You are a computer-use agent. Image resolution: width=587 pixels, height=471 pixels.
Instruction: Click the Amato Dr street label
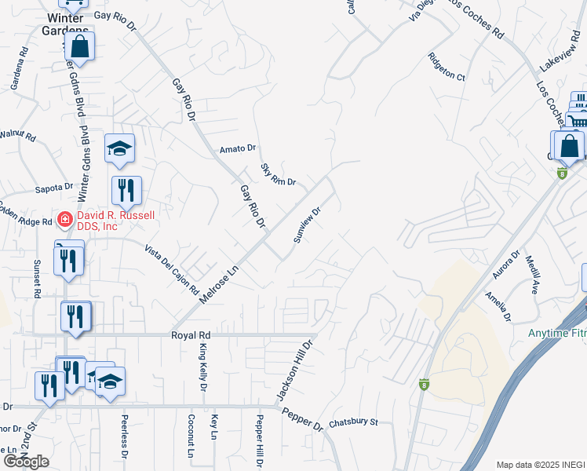click(238, 148)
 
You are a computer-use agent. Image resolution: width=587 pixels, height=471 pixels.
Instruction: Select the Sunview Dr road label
click(307, 225)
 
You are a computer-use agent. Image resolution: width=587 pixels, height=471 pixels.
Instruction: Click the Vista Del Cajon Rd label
click(171, 269)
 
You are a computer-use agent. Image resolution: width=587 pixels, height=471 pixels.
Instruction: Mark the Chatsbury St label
click(353, 422)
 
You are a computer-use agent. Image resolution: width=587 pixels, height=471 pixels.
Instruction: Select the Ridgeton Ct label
click(447, 67)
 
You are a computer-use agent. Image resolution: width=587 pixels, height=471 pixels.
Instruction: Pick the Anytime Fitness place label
click(556, 333)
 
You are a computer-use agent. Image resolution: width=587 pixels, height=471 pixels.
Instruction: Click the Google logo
click(26, 462)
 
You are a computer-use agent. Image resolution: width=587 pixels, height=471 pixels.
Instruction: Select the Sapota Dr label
click(54, 188)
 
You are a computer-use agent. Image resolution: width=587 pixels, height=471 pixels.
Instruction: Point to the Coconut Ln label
click(191, 436)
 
